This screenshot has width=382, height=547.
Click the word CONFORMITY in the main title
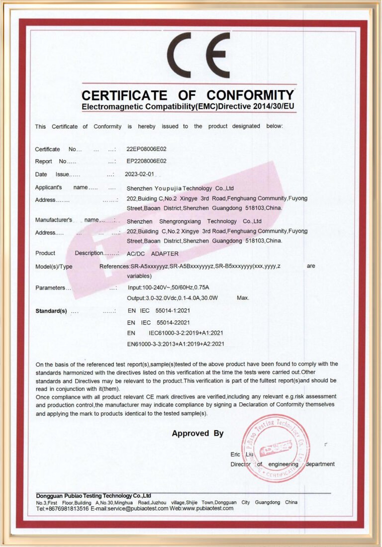[x=250, y=95]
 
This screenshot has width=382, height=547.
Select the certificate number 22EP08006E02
[x=147, y=149]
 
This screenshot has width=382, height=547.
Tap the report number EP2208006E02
[x=147, y=161]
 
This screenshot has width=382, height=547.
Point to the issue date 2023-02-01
[x=141, y=175]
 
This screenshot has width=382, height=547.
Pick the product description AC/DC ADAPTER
[x=153, y=254]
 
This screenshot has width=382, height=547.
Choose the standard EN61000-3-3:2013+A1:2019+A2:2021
[x=176, y=344]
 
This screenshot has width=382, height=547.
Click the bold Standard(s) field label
[x=51, y=311]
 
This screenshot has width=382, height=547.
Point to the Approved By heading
[x=197, y=434]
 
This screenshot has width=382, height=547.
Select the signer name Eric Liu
[x=242, y=455]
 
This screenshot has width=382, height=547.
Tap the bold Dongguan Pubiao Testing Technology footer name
[x=94, y=496]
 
